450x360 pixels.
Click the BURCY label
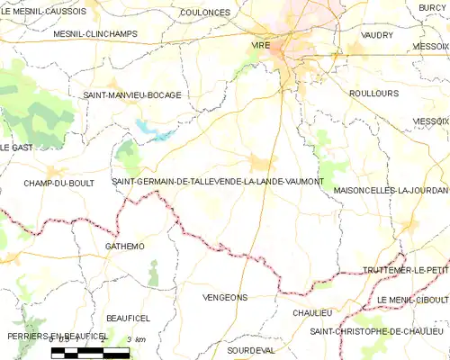pyautogui.click(x=433, y=7)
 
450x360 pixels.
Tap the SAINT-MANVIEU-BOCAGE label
pyautogui.click(x=132, y=94)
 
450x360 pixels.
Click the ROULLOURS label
pyautogui.click(x=373, y=92)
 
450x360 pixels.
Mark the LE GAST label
pyautogui.click(x=17, y=147)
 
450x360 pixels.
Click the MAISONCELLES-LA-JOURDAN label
pyautogui.click(x=391, y=191)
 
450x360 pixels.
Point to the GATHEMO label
pyautogui.click(x=124, y=245)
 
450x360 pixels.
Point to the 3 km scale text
pyautogui.click(x=136, y=339)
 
